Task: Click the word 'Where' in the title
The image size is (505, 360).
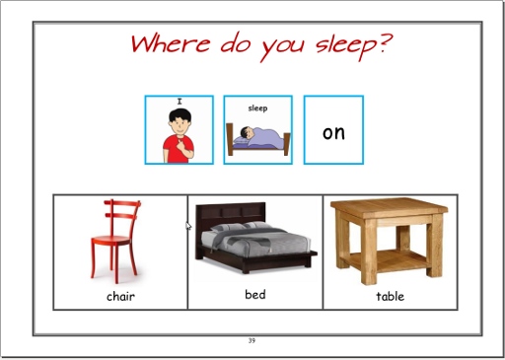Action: (x=171, y=43)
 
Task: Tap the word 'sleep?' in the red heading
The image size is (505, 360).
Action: (x=354, y=46)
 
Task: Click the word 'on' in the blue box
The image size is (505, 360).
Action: (x=333, y=133)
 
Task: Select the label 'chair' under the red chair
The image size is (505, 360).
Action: (x=120, y=296)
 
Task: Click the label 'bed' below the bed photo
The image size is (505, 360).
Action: (x=255, y=294)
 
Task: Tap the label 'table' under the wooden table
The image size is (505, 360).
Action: (x=391, y=296)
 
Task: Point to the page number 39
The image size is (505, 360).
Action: (x=252, y=340)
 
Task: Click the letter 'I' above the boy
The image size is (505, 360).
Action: (x=180, y=102)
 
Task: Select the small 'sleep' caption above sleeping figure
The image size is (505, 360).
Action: (x=257, y=108)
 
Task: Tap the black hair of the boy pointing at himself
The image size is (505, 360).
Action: (x=180, y=115)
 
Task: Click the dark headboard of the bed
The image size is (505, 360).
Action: (x=230, y=214)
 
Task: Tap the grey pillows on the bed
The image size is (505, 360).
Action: (x=243, y=227)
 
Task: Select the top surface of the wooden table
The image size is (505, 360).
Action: (x=389, y=206)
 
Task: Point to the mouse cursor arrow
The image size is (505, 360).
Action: (x=188, y=226)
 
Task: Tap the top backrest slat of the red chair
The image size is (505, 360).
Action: (x=122, y=203)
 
